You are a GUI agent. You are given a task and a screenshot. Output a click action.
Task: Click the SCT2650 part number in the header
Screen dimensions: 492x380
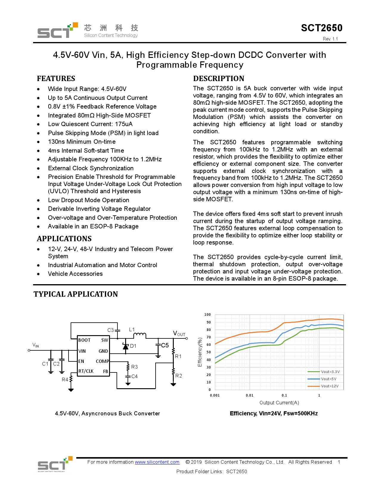(x=322, y=28)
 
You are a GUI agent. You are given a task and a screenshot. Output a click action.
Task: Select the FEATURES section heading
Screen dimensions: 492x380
(x=56, y=79)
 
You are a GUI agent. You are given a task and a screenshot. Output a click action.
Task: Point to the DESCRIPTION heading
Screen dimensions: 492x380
(x=218, y=79)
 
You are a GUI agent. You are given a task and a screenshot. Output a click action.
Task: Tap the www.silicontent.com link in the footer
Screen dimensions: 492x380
(x=157, y=462)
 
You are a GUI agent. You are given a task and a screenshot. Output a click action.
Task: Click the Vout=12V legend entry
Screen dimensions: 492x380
(x=330, y=386)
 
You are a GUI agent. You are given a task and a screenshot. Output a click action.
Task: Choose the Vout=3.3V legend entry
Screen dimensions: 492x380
(x=330, y=372)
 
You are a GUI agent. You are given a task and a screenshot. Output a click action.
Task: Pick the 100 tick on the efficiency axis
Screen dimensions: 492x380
(x=208, y=315)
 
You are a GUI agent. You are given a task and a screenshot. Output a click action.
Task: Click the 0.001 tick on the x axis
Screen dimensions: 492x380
(x=215, y=395)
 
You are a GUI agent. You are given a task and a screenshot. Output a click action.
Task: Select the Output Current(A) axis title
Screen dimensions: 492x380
(x=279, y=403)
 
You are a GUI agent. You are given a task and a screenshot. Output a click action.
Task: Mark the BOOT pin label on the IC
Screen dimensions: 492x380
(x=84, y=340)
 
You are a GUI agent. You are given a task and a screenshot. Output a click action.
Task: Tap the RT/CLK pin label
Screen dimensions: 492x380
(x=86, y=371)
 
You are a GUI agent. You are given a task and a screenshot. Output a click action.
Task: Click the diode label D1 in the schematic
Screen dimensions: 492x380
(x=133, y=346)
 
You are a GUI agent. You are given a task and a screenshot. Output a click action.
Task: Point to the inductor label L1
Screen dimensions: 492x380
(x=132, y=329)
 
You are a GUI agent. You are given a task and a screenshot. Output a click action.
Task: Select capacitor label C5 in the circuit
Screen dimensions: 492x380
(x=165, y=345)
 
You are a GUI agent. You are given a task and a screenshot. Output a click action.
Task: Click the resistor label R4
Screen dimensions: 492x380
(x=65, y=380)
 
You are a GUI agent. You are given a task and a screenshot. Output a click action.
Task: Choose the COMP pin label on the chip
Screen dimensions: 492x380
(x=102, y=361)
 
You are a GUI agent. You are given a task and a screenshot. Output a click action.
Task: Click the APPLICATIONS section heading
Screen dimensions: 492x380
(x=64, y=239)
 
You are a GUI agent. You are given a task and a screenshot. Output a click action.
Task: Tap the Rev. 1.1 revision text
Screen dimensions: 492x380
(x=330, y=39)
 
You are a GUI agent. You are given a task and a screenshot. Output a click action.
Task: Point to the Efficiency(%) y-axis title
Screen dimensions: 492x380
(x=200, y=352)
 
